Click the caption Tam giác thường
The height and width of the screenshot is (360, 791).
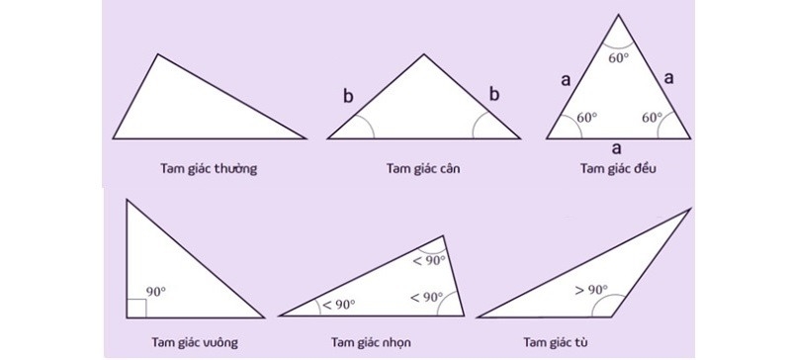coord(207,168)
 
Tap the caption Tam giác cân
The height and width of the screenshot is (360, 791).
coord(423,168)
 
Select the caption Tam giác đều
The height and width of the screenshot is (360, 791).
coord(619,168)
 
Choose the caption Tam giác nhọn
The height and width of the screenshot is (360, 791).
coord(371,343)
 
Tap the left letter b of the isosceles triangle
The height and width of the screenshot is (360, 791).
coord(347,96)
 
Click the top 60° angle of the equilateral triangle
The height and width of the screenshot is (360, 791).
coord(618,57)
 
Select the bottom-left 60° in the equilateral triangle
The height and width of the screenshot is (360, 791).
coord(586,118)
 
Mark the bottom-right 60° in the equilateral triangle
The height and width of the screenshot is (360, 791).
coord(652,118)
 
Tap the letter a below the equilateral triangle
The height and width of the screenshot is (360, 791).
coord(617,147)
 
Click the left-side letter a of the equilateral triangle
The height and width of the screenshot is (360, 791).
coord(565,81)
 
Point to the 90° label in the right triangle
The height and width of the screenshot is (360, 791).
coord(156,293)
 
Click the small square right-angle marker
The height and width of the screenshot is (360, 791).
coord(136,308)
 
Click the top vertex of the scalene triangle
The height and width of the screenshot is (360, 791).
coord(157,54)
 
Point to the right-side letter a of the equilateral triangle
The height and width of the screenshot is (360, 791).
coord(669,79)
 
